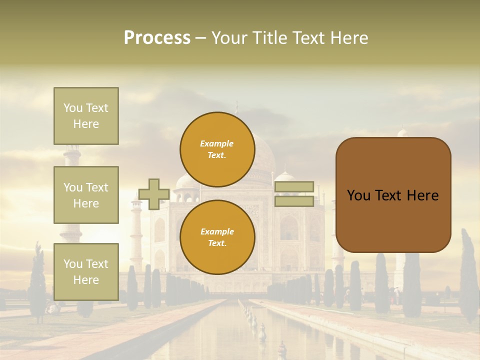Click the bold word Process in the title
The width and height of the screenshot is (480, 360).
(x=157, y=38)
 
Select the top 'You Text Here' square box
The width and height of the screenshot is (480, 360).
(x=86, y=116)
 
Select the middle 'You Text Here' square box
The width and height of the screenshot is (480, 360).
(x=86, y=195)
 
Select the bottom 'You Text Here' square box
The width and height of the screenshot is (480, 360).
(x=86, y=272)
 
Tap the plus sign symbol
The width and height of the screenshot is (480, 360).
(x=154, y=194)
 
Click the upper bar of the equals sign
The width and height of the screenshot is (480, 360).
(x=294, y=186)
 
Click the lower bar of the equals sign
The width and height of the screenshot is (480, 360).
(x=294, y=201)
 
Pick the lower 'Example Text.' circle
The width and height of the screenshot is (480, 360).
(x=217, y=237)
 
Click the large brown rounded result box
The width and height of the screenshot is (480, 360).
(x=393, y=195)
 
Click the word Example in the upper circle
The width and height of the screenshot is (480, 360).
(x=217, y=143)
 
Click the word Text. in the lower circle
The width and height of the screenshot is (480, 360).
(x=217, y=243)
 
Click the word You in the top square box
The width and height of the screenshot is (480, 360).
(x=72, y=108)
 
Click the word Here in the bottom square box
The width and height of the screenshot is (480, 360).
(x=86, y=280)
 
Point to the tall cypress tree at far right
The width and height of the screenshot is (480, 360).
(x=468, y=275)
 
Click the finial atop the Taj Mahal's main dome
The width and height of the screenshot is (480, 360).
(x=237, y=107)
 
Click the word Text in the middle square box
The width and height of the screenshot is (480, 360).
(x=96, y=187)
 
